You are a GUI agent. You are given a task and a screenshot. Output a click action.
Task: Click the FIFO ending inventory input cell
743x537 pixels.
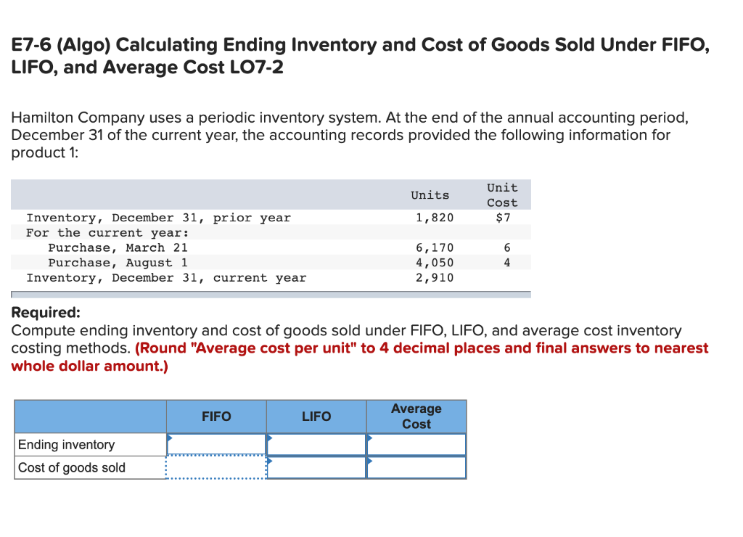pos(216,444)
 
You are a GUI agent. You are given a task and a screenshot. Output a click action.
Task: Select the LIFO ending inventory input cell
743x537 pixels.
pos(316,444)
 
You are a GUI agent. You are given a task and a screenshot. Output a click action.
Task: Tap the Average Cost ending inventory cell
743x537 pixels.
pos(416,444)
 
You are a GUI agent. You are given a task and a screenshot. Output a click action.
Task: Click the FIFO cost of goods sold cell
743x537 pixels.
pos(216,467)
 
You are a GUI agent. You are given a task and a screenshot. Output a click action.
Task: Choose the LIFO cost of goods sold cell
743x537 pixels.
pos(316,467)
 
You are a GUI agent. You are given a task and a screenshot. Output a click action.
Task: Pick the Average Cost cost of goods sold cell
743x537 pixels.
pos(416,467)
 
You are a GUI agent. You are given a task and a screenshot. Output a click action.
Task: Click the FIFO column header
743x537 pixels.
pos(216,417)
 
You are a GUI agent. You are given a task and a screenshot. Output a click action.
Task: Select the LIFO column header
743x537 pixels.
pos(316,417)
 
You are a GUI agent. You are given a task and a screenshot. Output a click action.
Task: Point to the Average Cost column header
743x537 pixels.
pos(416,417)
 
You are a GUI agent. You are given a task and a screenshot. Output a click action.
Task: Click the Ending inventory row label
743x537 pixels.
pos(66,445)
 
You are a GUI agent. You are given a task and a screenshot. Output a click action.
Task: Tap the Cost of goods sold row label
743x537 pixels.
pos(71,468)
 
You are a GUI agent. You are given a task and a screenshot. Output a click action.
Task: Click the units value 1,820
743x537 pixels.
pos(434,218)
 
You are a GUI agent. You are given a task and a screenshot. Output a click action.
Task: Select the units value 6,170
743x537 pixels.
pos(434,248)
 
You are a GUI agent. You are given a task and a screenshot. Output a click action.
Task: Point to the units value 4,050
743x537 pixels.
pos(434,263)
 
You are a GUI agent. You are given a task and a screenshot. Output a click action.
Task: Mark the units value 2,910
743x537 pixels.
pos(434,278)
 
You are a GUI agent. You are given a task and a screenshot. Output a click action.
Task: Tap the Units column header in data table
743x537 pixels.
pos(430,195)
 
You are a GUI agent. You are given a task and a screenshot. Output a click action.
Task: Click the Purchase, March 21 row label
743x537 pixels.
pos(118,248)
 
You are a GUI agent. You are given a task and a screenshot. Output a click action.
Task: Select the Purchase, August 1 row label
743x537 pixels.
pos(118,263)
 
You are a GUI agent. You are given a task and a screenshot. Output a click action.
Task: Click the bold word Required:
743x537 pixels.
pos(46,313)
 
